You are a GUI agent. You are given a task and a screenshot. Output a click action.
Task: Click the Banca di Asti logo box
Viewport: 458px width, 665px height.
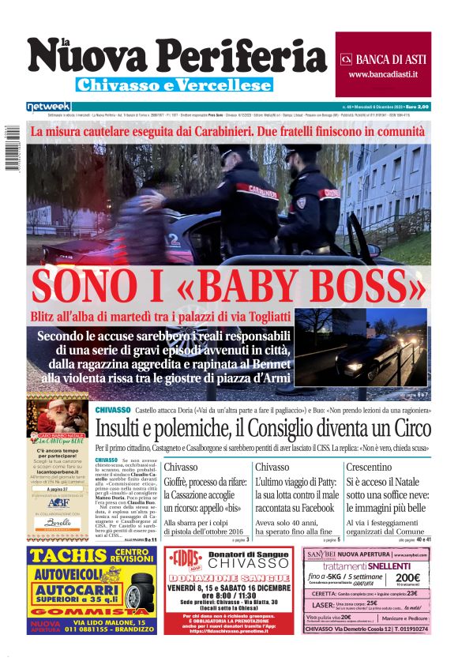point(383,63)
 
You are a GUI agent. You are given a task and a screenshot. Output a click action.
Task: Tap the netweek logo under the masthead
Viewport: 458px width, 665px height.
point(48,106)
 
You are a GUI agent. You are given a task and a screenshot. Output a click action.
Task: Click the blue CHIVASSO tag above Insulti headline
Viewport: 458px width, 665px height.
point(113,410)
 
